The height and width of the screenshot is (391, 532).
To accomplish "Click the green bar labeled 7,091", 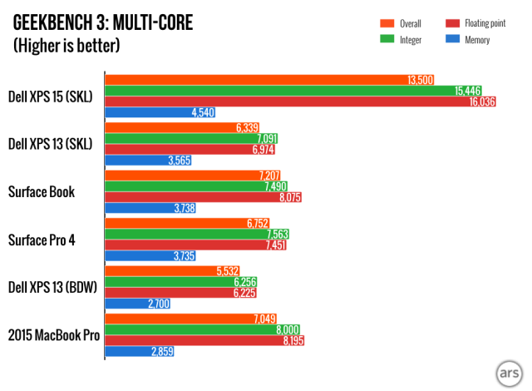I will (x=191, y=138).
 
